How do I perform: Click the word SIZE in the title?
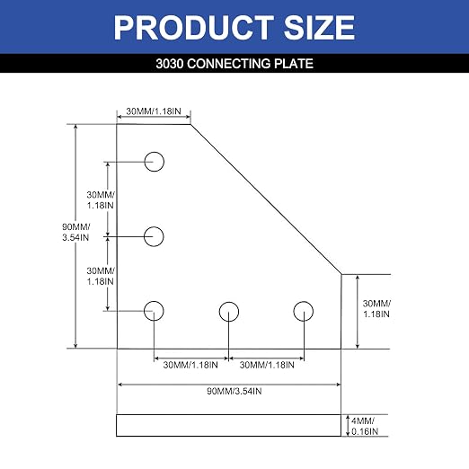pyautogui.click(x=319, y=28)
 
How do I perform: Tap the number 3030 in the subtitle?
pyautogui.click(x=170, y=64)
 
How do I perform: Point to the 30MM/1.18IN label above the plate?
pyautogui.click(x=154, y=111)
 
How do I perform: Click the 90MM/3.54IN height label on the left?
pyautogui.click(x=76, y=232)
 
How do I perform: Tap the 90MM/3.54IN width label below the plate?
pyautogui.click(x=234, y=391)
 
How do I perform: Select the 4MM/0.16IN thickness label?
pyautogui.click(x=365, y=426)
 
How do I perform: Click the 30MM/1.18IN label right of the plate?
pyautogui.click(x=376, y=309)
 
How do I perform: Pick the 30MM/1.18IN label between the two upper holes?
pyautogui.click(x=101, y=200)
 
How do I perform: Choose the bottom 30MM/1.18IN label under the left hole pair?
pyautogui.click(x=190, y=365)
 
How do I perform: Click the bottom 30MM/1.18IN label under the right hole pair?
pyautogui.click(x=267, y=365)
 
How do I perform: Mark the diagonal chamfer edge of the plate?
pyautogui.click(x=266, y=199)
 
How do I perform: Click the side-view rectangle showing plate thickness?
pyautogui.click(x=229, y=415)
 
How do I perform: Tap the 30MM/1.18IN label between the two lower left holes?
pyautogui.click(x=101, y=276)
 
